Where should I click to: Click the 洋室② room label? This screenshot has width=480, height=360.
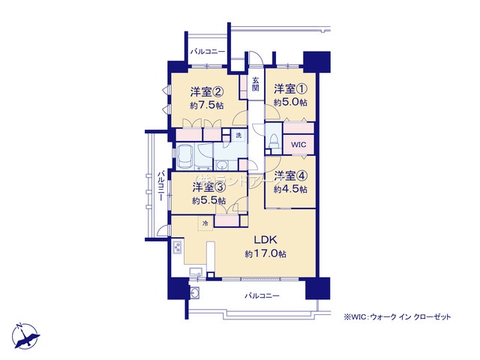click(206, 92)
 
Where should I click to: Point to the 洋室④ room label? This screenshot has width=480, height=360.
click(289, 176)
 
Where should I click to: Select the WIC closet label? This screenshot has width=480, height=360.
click(299, 144)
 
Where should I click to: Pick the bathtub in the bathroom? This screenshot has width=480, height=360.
click(186, 157)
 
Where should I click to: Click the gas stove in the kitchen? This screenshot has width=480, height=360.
click(178, 247)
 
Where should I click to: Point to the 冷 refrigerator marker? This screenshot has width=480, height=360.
click(205, 223)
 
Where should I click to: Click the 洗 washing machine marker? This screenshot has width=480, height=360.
click(238, 135)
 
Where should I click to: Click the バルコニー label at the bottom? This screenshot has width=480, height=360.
click(262, 296)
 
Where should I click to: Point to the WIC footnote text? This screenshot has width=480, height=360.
click(397, 317)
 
